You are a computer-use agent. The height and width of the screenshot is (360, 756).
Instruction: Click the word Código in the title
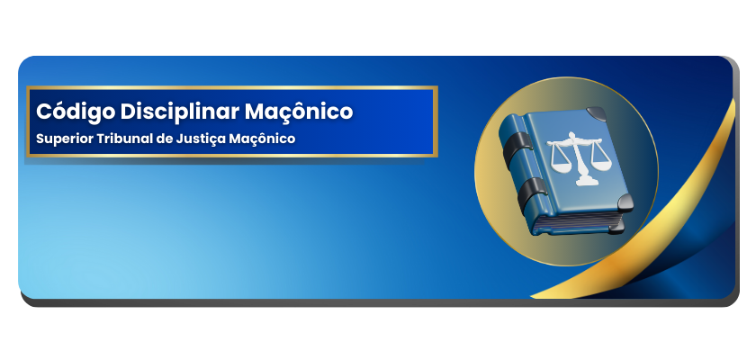tap(76, 112)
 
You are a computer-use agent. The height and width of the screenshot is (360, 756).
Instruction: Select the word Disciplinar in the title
tap(180, 112)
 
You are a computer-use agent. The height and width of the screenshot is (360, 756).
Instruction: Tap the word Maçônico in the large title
tap(299, 112)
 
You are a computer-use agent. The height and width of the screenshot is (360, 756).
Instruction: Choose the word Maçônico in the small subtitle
tap(262, 139)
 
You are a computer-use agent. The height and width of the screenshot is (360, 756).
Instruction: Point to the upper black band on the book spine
tap(518, 148)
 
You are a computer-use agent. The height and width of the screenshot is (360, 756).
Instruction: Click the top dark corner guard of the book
tap(597, 113)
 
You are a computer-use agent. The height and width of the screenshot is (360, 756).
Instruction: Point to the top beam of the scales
tap(574, 141)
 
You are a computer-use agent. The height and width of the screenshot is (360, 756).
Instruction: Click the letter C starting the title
tap(44, 112)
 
